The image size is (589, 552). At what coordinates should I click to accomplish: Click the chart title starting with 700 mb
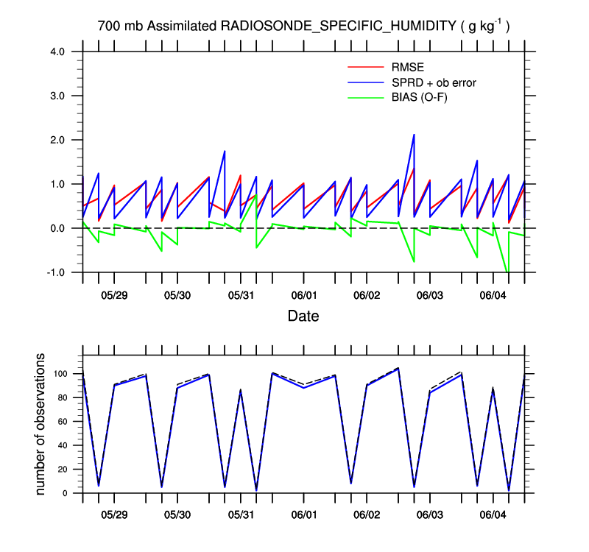(303, 26)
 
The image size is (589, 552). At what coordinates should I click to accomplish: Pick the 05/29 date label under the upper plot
(114, 296)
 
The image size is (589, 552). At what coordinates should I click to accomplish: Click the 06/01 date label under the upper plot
(303, 296)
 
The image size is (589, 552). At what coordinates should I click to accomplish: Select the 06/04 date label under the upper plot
(493, 296)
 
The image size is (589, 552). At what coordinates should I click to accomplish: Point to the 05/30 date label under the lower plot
(177, 510)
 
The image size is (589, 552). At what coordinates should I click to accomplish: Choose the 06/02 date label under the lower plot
(367, 510)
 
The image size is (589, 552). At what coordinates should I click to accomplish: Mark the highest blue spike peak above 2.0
(414, 135)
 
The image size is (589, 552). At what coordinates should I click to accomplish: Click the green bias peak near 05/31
(255, 195)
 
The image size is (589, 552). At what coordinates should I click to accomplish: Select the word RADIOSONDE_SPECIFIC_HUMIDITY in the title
(335, 26)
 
